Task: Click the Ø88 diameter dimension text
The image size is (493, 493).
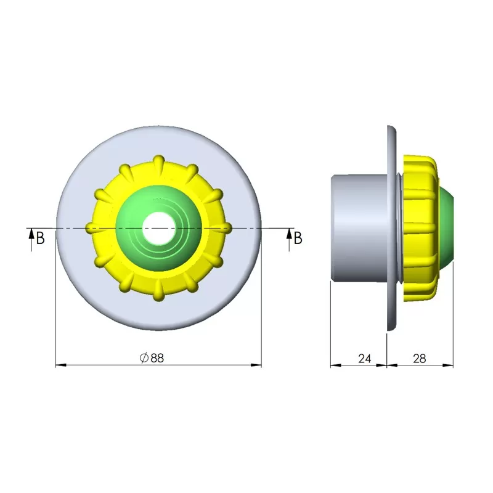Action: [152, 358]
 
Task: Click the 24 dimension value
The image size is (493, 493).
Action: [364, 359]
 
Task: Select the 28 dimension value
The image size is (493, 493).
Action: [420, 359]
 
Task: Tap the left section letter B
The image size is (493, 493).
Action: [41, 238]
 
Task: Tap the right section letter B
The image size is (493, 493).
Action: [298, 238]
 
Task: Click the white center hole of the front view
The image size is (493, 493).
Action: [159, 228]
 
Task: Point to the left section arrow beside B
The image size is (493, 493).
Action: [31, 240]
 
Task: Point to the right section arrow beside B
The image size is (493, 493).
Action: [289, 240]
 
